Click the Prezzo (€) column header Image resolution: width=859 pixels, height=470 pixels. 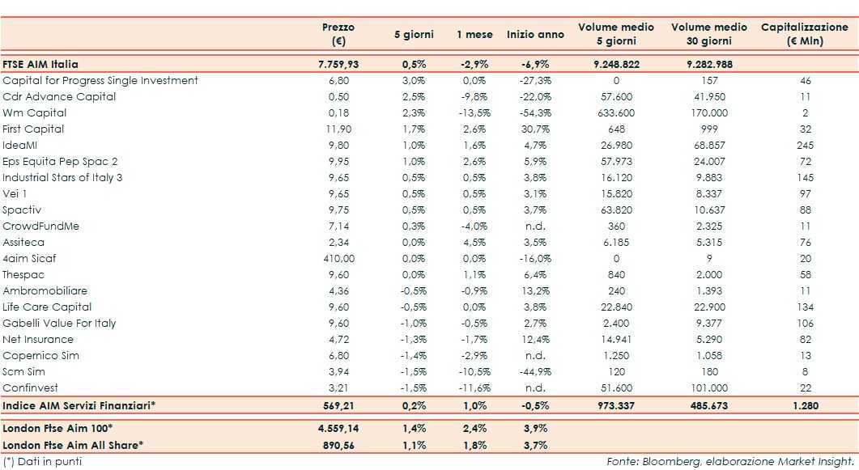(338, 34)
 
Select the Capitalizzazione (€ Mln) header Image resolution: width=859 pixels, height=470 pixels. (804, 34)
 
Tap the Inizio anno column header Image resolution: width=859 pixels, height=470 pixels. (535, 35)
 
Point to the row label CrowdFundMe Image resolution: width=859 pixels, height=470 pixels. (40, 227)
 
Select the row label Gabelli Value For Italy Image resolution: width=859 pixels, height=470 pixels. (59, 324)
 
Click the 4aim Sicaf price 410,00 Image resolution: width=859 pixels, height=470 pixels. (338, 259)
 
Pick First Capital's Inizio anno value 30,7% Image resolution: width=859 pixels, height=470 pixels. (535, 129)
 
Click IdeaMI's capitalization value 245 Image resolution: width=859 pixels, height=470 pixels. (804, 146)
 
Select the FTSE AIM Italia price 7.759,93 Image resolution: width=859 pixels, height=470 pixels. (338, 63)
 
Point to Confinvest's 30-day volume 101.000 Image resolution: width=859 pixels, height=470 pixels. (708, 388)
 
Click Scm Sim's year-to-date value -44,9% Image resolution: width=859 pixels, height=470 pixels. (535, 372)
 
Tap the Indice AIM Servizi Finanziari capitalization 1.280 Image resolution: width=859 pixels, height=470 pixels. (804, 404)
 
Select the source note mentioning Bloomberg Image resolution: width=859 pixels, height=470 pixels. (729, 461)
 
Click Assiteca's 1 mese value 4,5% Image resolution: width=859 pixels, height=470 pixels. (474, 243)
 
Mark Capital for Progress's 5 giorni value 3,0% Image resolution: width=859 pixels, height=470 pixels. (414, 81)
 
